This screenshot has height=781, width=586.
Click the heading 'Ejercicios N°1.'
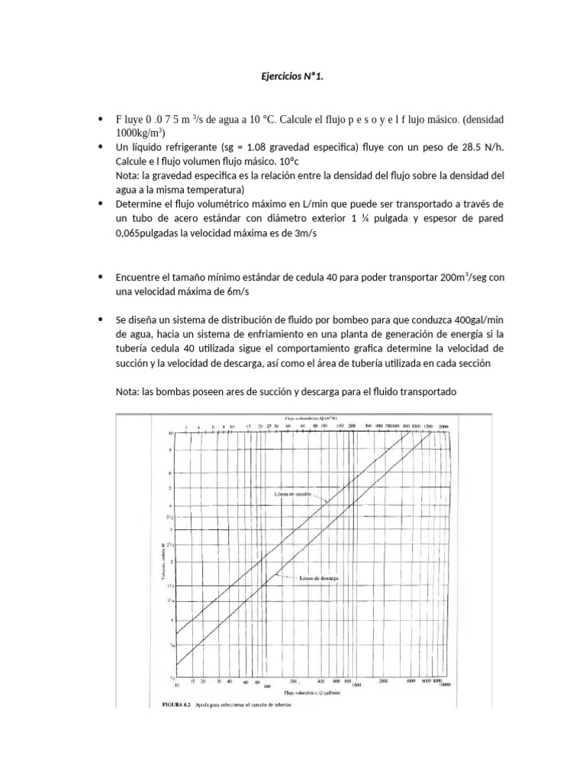[x=292, y=76]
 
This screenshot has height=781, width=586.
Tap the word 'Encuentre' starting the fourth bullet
[x=139, y=278]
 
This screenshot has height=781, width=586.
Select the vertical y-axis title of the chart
[x=163, y=561]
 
